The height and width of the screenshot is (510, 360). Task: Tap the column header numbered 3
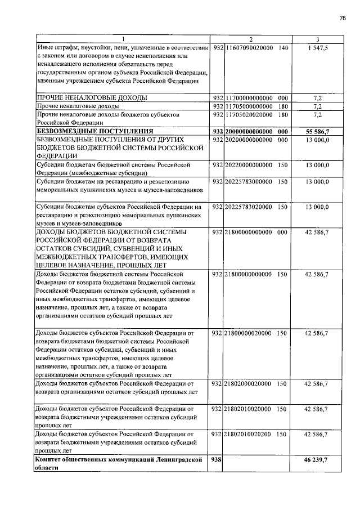pos(318,39)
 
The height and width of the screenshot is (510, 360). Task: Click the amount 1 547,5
pos(318,48)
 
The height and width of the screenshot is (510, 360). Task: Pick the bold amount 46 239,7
pos(317,460)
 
